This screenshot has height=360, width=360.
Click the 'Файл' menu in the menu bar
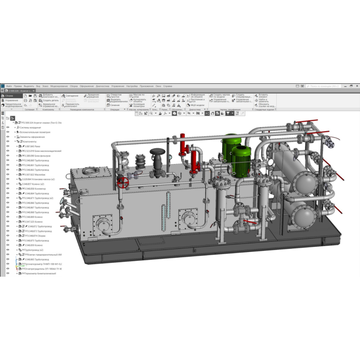pyautogui.click(x=9, y=86)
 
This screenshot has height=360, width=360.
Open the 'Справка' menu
pyautogui.click(x=168, y=86)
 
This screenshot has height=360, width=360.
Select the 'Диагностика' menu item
pyautogui.click(x=102, y=86)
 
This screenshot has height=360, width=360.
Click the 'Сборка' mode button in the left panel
pyautogui.click(x=9, y=96)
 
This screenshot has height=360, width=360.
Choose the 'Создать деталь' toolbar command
pyautogui.click(x=49, y=100)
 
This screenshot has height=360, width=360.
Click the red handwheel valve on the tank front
pyautogui.click(x=122, y=183)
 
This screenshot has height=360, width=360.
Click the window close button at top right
pyautogui.click(x=357, y=86)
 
